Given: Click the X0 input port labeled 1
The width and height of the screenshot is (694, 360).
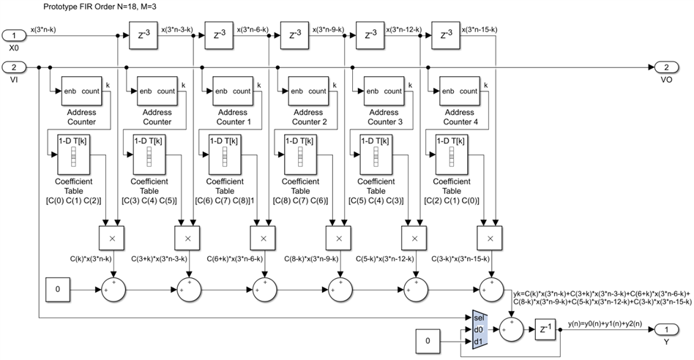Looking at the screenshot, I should (x=14, y=34).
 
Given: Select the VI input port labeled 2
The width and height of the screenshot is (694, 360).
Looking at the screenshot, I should (x=14, y=67).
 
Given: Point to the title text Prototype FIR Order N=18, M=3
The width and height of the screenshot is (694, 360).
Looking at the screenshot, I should (x=84, y=7).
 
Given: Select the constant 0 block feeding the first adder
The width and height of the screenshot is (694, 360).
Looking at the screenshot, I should (x=58, y=290).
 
